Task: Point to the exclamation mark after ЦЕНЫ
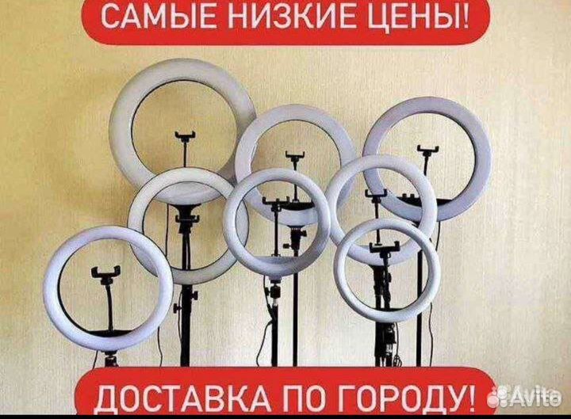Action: point(462,17)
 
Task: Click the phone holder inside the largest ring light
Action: point(185,138)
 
